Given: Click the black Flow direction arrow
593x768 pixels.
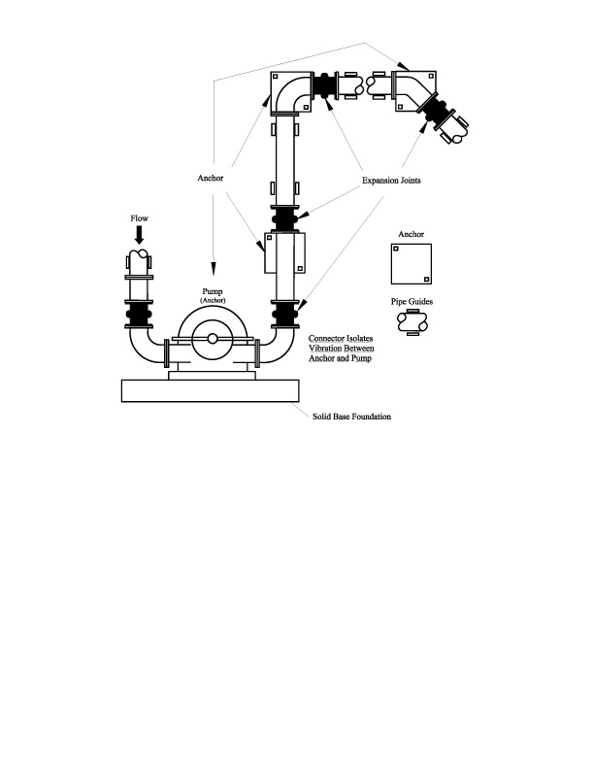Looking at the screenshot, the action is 140,236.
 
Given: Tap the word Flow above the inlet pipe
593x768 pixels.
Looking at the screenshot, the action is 139,218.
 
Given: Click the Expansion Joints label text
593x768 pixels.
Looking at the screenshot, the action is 391,181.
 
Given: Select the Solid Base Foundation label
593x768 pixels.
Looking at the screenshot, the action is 351,417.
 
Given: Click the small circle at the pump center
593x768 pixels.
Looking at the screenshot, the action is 213,339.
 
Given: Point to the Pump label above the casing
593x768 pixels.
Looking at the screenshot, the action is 213,292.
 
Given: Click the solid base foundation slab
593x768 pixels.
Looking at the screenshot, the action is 210,391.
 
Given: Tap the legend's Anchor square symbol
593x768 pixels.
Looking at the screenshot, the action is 412,264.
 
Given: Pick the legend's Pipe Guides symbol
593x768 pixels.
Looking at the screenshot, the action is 412,322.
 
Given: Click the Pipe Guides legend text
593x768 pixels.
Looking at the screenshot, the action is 412,302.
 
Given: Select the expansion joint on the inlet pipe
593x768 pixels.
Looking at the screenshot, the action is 139,314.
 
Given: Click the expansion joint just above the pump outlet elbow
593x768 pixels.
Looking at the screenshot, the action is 285,314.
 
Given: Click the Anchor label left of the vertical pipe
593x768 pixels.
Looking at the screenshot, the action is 210,178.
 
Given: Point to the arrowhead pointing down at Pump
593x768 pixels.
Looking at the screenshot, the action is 213,268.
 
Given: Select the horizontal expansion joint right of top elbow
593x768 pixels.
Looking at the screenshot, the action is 324,86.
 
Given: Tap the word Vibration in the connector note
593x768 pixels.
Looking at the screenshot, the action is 325,349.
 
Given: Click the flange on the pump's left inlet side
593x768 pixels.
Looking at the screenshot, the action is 167,352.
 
